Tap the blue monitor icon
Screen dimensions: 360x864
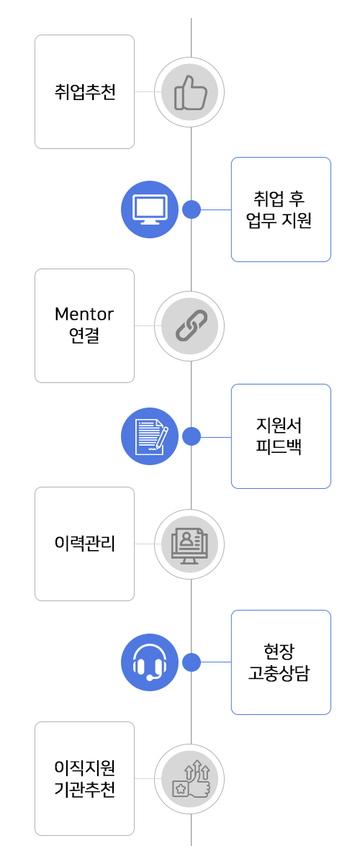pos(150,210)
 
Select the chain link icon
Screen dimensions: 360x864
pos(191,325)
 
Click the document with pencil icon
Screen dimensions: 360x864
pos(150,436)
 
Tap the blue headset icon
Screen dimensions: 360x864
pos(150,662)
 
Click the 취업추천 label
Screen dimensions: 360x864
pos(85,92)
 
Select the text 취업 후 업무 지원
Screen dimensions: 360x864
pos(279,210)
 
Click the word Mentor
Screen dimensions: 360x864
pos(84,314)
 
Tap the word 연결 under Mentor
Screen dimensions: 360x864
pos(84,335)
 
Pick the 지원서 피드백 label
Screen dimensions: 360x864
pos(279,436)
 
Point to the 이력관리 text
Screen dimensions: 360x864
pos(85,543)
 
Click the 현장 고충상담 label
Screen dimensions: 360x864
pos(279,662)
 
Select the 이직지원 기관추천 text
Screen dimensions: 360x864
pos(85,778)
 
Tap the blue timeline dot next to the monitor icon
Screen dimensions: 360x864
pos(192,210)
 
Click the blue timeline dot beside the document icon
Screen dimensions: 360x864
pos(192,436)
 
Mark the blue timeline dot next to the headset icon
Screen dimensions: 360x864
pos(192,662)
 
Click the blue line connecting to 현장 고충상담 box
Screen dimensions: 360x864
pos(216,662)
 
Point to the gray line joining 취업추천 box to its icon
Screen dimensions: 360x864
pos(144,92)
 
